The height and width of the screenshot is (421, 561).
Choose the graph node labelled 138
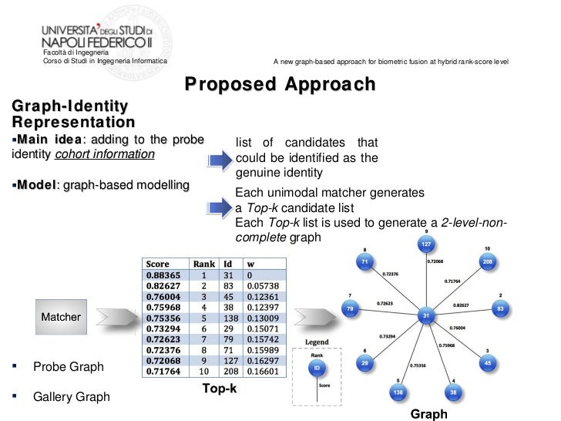pyautogui.click(x=399, y=392)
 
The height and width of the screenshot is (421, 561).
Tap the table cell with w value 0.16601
pyautogui.click(x=263, y=371)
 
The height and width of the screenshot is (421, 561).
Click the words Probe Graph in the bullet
pyautogui.click(x=68, y=367)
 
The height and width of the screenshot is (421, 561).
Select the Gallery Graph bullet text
pyautogui.click(x=71, y=397)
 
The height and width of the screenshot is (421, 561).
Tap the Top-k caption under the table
pyautogui.click(x=219, y=389)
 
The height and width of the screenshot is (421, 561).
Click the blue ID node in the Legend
pyautogui.click(x=314, y=369)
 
